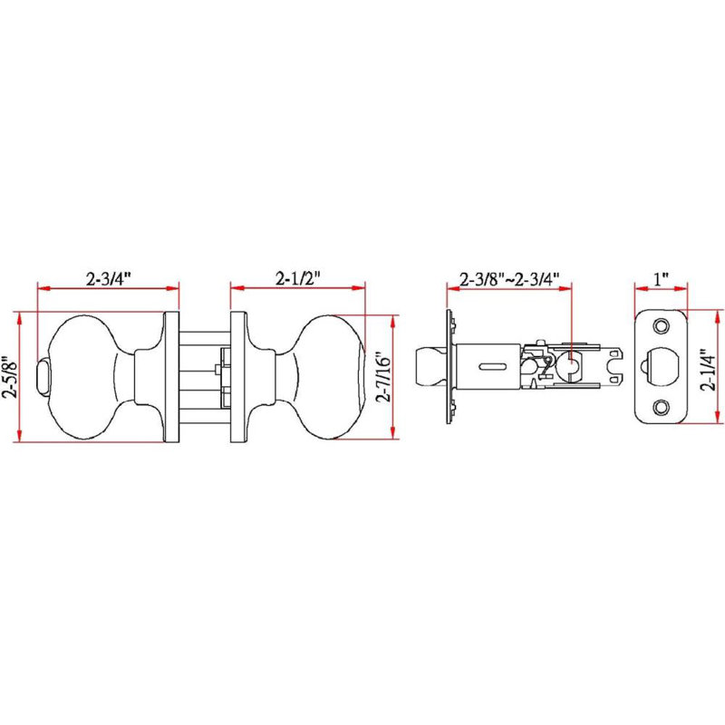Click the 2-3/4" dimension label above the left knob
tap(109, 279)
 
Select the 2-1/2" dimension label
tap(298, 278)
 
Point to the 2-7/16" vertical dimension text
tap(383, 378)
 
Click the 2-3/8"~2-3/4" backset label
tap(509, 279)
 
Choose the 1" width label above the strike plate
tap(661, 279)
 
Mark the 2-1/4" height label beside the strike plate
tap(708, 370)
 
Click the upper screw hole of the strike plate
tap(662, 326)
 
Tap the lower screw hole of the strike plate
tap(662, 407)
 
